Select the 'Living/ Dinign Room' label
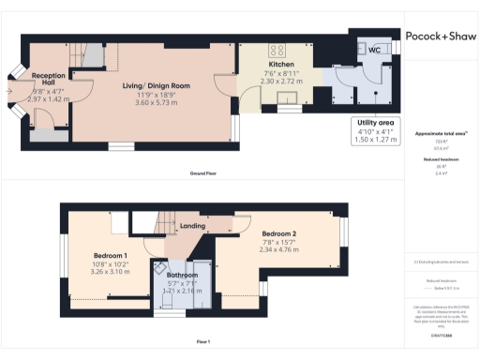(157, 85)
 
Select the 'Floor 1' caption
(202, 340)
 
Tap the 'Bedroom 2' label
(279, 233)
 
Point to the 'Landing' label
(192, 226)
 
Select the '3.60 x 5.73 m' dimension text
(157, 102)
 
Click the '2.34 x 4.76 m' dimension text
(279, 250)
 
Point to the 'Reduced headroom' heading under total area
(440, 159)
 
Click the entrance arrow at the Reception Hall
(9, 91)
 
